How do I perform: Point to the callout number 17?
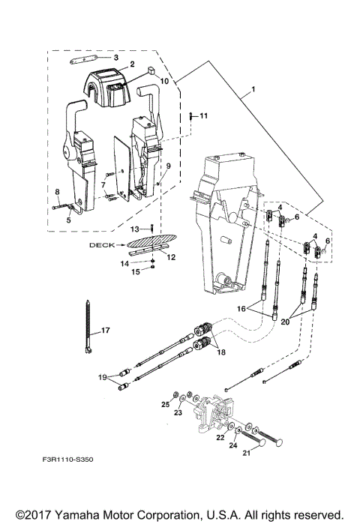(106, 330)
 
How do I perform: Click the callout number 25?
(165, 404)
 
